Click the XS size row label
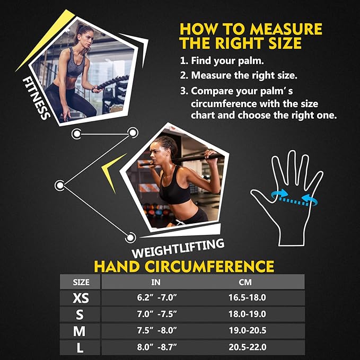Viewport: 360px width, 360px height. tap(80, 298)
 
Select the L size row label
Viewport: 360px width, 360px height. tap(80, 348)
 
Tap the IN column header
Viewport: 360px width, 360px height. tap(156, 282)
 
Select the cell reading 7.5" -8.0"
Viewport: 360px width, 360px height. tap(156, 331)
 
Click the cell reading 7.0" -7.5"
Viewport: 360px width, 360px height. tap(156, 314)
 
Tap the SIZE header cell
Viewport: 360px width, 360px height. tap(80, 282)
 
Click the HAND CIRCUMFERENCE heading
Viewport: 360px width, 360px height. tap(183, 266)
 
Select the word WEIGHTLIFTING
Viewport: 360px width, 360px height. tap(178, 246)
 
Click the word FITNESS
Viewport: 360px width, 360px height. tap(36, 98)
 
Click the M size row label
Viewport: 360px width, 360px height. tap(80, 331)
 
